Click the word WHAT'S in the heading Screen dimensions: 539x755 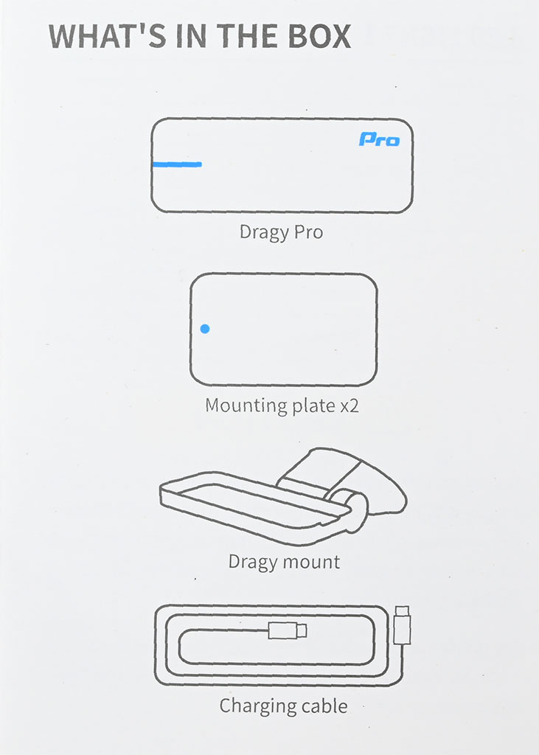[x=108, y=36]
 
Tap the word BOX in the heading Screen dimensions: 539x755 [x=319, y=36]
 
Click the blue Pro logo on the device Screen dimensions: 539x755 [x=379, y=139]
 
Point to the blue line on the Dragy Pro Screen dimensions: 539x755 [x=177, y=164]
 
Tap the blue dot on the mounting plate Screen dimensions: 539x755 [x=205, y=329]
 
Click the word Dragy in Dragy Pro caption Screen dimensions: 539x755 [x=263, y=232]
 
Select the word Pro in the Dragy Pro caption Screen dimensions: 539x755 [x=308, y=232]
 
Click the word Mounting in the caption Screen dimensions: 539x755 [x=246, y=406]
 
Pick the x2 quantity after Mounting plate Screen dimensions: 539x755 [x=350, y=406]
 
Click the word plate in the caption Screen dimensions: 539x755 [x=313, y=406]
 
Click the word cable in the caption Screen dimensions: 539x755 [x=324, y=706]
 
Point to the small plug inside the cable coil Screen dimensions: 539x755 [x=287, y=630]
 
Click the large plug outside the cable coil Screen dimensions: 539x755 [x=402, y=625]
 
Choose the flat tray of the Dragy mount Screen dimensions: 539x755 [x=255, y=506]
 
